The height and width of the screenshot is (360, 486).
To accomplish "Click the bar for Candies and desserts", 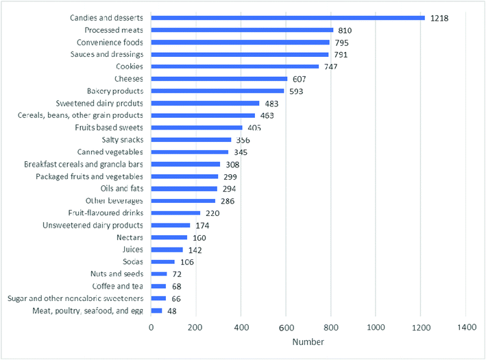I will (288, 18).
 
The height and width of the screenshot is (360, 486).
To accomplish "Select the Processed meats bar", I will (242, 30).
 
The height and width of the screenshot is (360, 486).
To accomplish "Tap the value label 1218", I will (439, 18).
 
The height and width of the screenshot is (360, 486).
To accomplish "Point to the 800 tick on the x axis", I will (330, 328).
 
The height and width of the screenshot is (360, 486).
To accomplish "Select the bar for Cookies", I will (235, 67).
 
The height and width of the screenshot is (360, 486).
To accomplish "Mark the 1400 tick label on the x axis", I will (465, 328).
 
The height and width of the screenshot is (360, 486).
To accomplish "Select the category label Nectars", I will (128, 237).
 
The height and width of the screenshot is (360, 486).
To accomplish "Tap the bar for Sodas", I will (163, 262).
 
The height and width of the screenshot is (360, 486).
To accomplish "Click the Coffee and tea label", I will (117, 286).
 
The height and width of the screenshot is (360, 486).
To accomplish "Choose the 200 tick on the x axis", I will (195, 328).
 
